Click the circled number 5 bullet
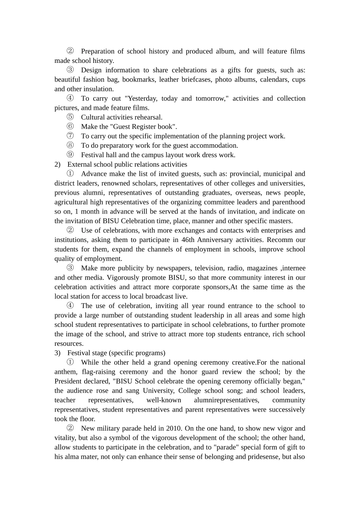click(x=70, y=117)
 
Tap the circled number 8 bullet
click(x=70, y=145)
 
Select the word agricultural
click(x=71, y=202)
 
